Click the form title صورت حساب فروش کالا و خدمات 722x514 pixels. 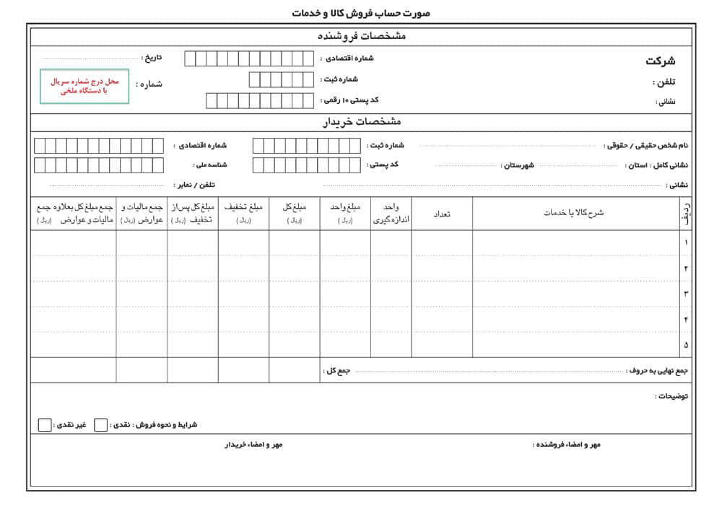click(x=361, y=13)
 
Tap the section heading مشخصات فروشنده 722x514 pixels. click(x=362, y=36)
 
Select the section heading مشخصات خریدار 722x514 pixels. click(x=362, y=122)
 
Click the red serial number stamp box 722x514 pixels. click(x=84, y=87)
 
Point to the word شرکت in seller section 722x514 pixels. click(x=660, y=61)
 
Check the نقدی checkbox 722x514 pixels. click(x=101, y=424)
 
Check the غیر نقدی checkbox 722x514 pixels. click(x=45, y=424)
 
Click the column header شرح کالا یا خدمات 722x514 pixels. click(x=574, y=213)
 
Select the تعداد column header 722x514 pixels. click(x=441, y=214)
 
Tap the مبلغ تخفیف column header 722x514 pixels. click(x=243, y=213)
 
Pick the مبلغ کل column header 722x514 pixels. click(x=295, y=213)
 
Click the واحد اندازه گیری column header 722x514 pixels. click(x=391, y=214)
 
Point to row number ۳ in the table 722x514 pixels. click(x=685, y=293)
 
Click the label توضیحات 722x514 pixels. click(x=671, y=396)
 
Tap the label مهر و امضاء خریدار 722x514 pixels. click(x=253, y=445)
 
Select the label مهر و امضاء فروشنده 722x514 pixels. click(x=567, y=445)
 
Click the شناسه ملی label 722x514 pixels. click(x=210, y=165)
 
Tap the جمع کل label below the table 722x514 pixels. click(x=338, y=370)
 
